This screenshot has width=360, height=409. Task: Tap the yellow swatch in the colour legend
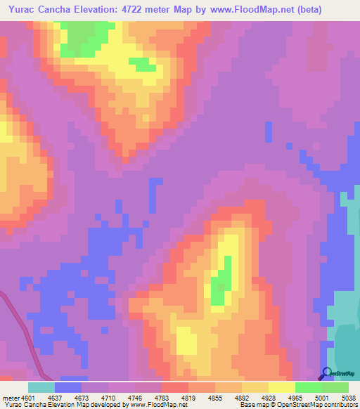(281, 387)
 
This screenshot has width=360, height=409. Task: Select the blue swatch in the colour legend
(67, 387)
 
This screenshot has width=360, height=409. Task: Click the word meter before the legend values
(9, 397)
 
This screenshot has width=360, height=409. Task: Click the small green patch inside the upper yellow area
(143, 64)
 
